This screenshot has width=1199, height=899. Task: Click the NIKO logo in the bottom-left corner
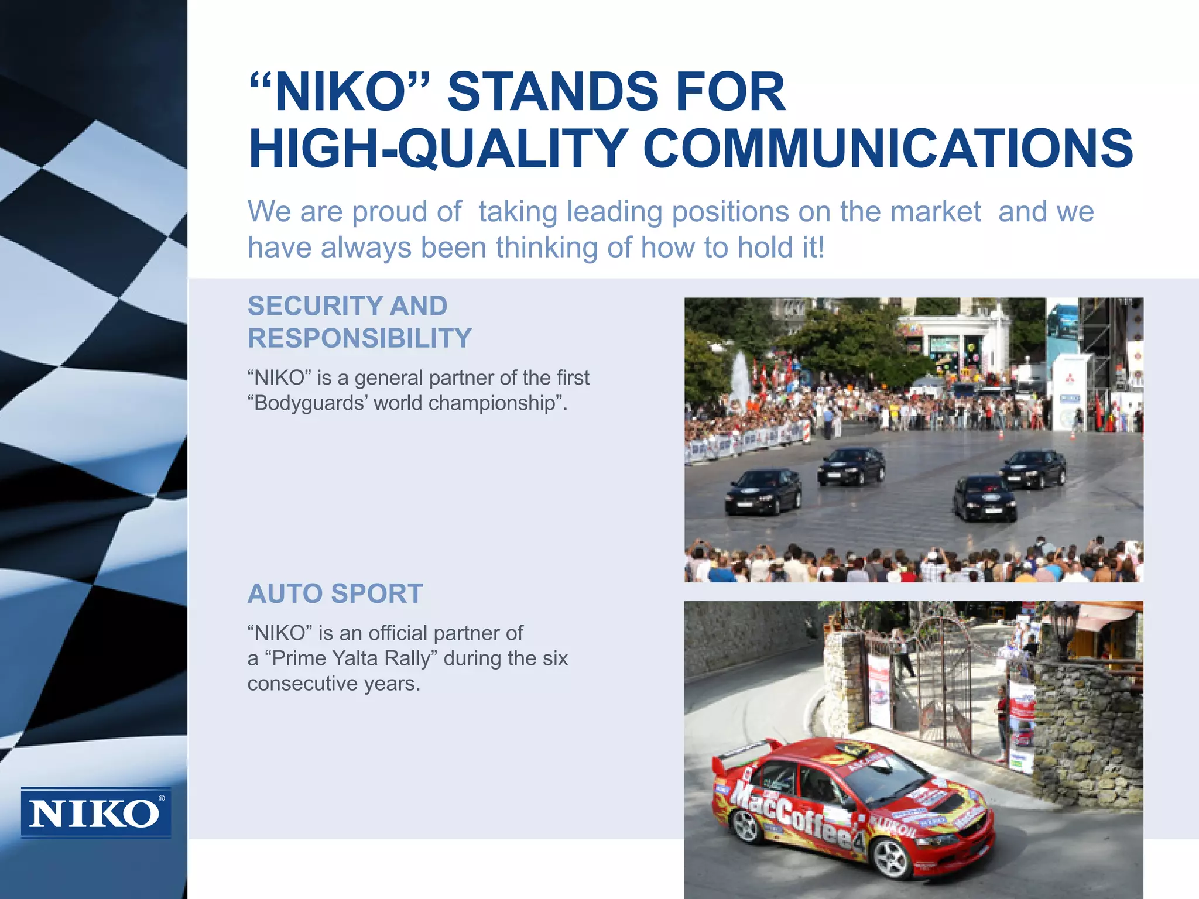(96, 813)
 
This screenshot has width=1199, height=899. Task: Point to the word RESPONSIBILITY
(359, 338)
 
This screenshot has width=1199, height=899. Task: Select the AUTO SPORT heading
(335, 593)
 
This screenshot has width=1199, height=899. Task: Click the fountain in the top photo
(740, 375)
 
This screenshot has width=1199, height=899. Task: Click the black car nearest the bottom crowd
(985, 498)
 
